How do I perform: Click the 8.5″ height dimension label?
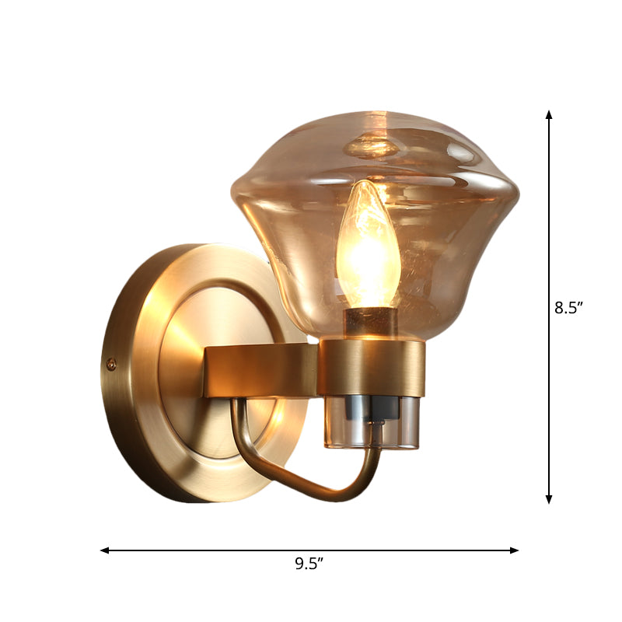[x=568, y=307]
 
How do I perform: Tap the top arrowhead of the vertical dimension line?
[x=549, y=115]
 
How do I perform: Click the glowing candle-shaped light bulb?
[x=367, y=245]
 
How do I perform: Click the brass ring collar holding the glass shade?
[x=371, y=368]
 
